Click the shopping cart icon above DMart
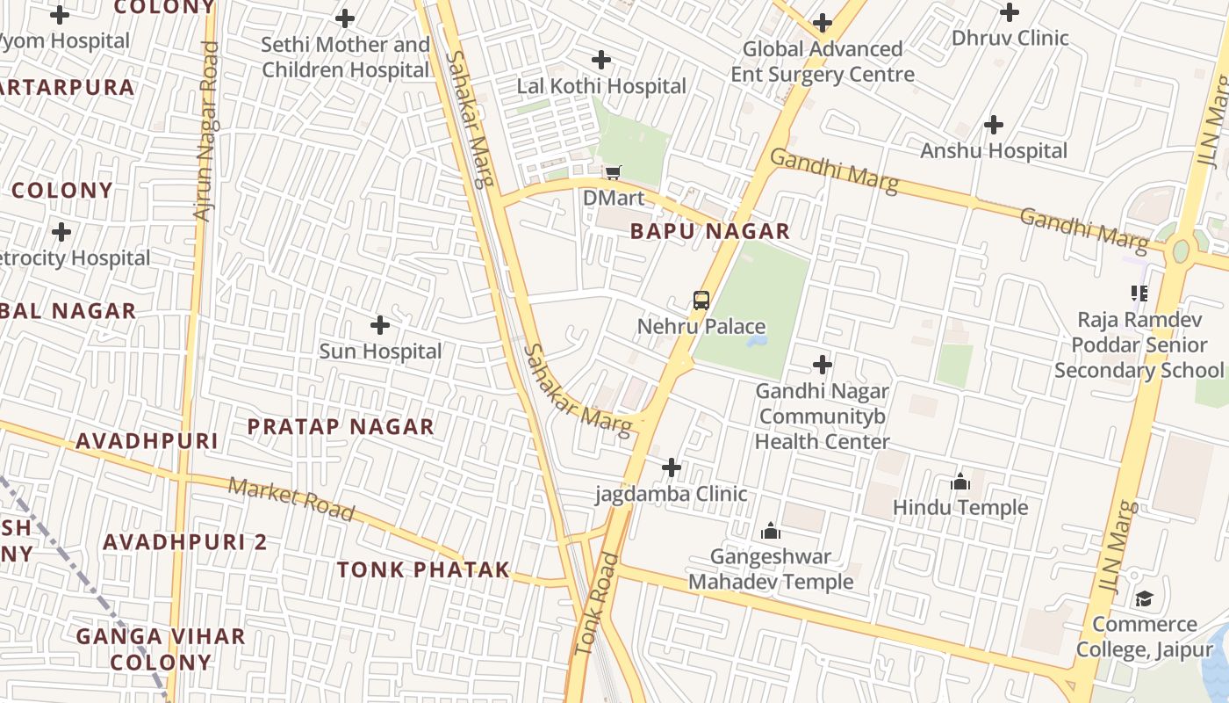(x=613, y=171)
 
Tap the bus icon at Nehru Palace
(x=701, y=300)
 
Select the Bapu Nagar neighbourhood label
(x=710, y=232)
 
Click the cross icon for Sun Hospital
(x=380, y=325)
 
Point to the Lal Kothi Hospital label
(x=601, y=86)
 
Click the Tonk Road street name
(x=597, y=604)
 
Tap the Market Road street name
(x=291, y=499)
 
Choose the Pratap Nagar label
(x=341, y=427)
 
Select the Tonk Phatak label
(x=423, y=569)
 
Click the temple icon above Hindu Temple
(x=960, y=482)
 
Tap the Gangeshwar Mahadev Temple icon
(x=771, y=531)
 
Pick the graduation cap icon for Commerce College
(x=1144, y=599)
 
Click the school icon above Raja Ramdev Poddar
(x=1139, y=293)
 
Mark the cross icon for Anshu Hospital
(x=994, y=125)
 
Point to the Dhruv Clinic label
(x=1010, y=38)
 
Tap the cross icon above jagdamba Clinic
(x=672, y=467)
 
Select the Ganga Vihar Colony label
(x=161, y=649)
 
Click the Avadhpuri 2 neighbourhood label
(x=184, y=542)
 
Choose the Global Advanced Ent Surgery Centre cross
(x=823, y=23)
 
